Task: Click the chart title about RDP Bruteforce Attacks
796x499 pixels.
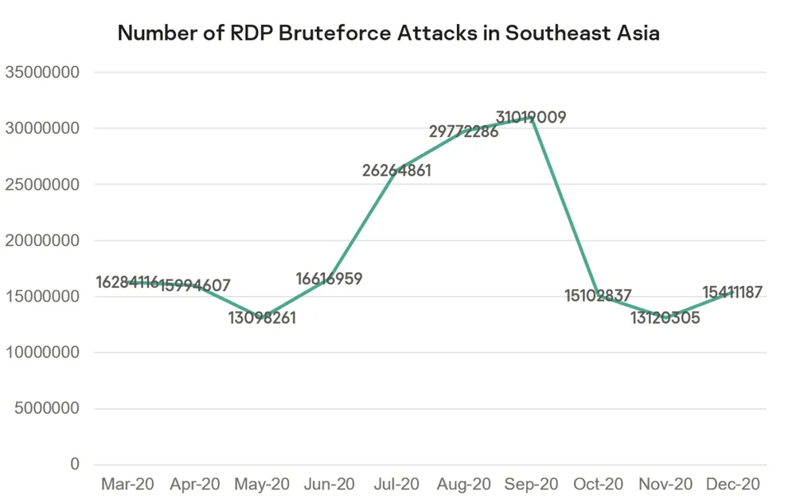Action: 388,33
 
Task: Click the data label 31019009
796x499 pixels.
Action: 531,118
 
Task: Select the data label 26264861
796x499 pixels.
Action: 396,170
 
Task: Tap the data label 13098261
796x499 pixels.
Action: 262,319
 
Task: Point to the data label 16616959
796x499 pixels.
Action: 329,279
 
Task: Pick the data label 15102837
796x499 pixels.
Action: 598,297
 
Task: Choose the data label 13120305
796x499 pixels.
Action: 665,319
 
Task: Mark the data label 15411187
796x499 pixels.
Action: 732,293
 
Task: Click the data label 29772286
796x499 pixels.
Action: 463,131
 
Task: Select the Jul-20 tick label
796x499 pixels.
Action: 396,484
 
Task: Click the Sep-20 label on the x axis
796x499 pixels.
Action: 531,484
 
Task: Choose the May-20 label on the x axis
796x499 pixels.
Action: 262,484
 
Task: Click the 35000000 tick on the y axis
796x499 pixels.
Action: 42,72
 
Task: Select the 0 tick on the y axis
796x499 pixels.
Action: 75,465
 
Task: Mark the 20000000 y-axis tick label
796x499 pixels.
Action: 42,240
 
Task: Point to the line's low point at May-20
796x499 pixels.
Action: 262,318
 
